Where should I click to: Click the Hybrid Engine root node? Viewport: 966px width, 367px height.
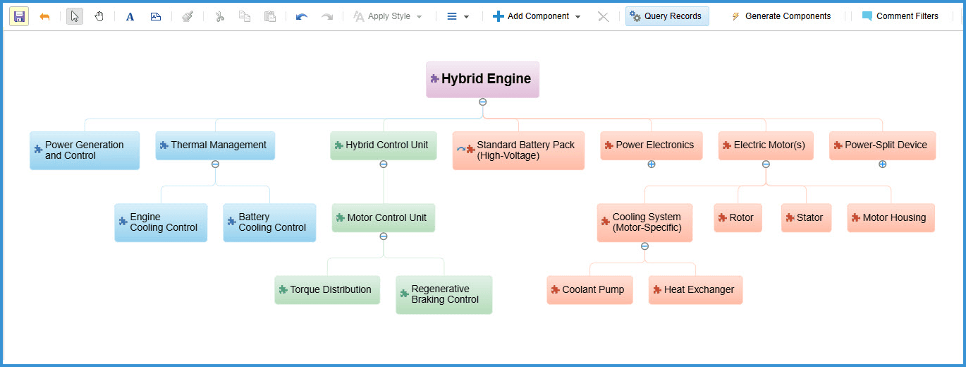482,80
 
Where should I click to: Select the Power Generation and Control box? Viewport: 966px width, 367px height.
85,150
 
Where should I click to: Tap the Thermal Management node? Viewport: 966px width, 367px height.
215,145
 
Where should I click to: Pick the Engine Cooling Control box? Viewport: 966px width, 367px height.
161,222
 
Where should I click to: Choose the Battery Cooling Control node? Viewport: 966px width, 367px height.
269,222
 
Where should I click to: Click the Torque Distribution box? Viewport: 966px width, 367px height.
327,289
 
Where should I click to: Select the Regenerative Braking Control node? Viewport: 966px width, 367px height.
444,294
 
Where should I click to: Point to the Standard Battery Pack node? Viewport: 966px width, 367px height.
518,150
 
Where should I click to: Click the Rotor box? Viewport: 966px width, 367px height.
738,217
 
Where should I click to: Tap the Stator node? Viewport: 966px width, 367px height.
807,217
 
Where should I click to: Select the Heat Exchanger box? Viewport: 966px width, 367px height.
696,289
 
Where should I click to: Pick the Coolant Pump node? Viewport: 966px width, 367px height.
590,289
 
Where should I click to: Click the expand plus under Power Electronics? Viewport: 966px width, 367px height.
652,164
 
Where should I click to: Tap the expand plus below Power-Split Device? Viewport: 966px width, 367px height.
883,164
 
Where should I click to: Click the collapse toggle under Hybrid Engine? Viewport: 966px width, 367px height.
483,102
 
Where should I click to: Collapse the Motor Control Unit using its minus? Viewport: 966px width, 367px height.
384,236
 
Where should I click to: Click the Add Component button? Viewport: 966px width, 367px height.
537,16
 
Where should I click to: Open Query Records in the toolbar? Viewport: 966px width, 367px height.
667,16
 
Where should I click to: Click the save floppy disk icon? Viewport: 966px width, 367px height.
19,16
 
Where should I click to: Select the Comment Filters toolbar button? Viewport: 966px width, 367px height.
900,16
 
